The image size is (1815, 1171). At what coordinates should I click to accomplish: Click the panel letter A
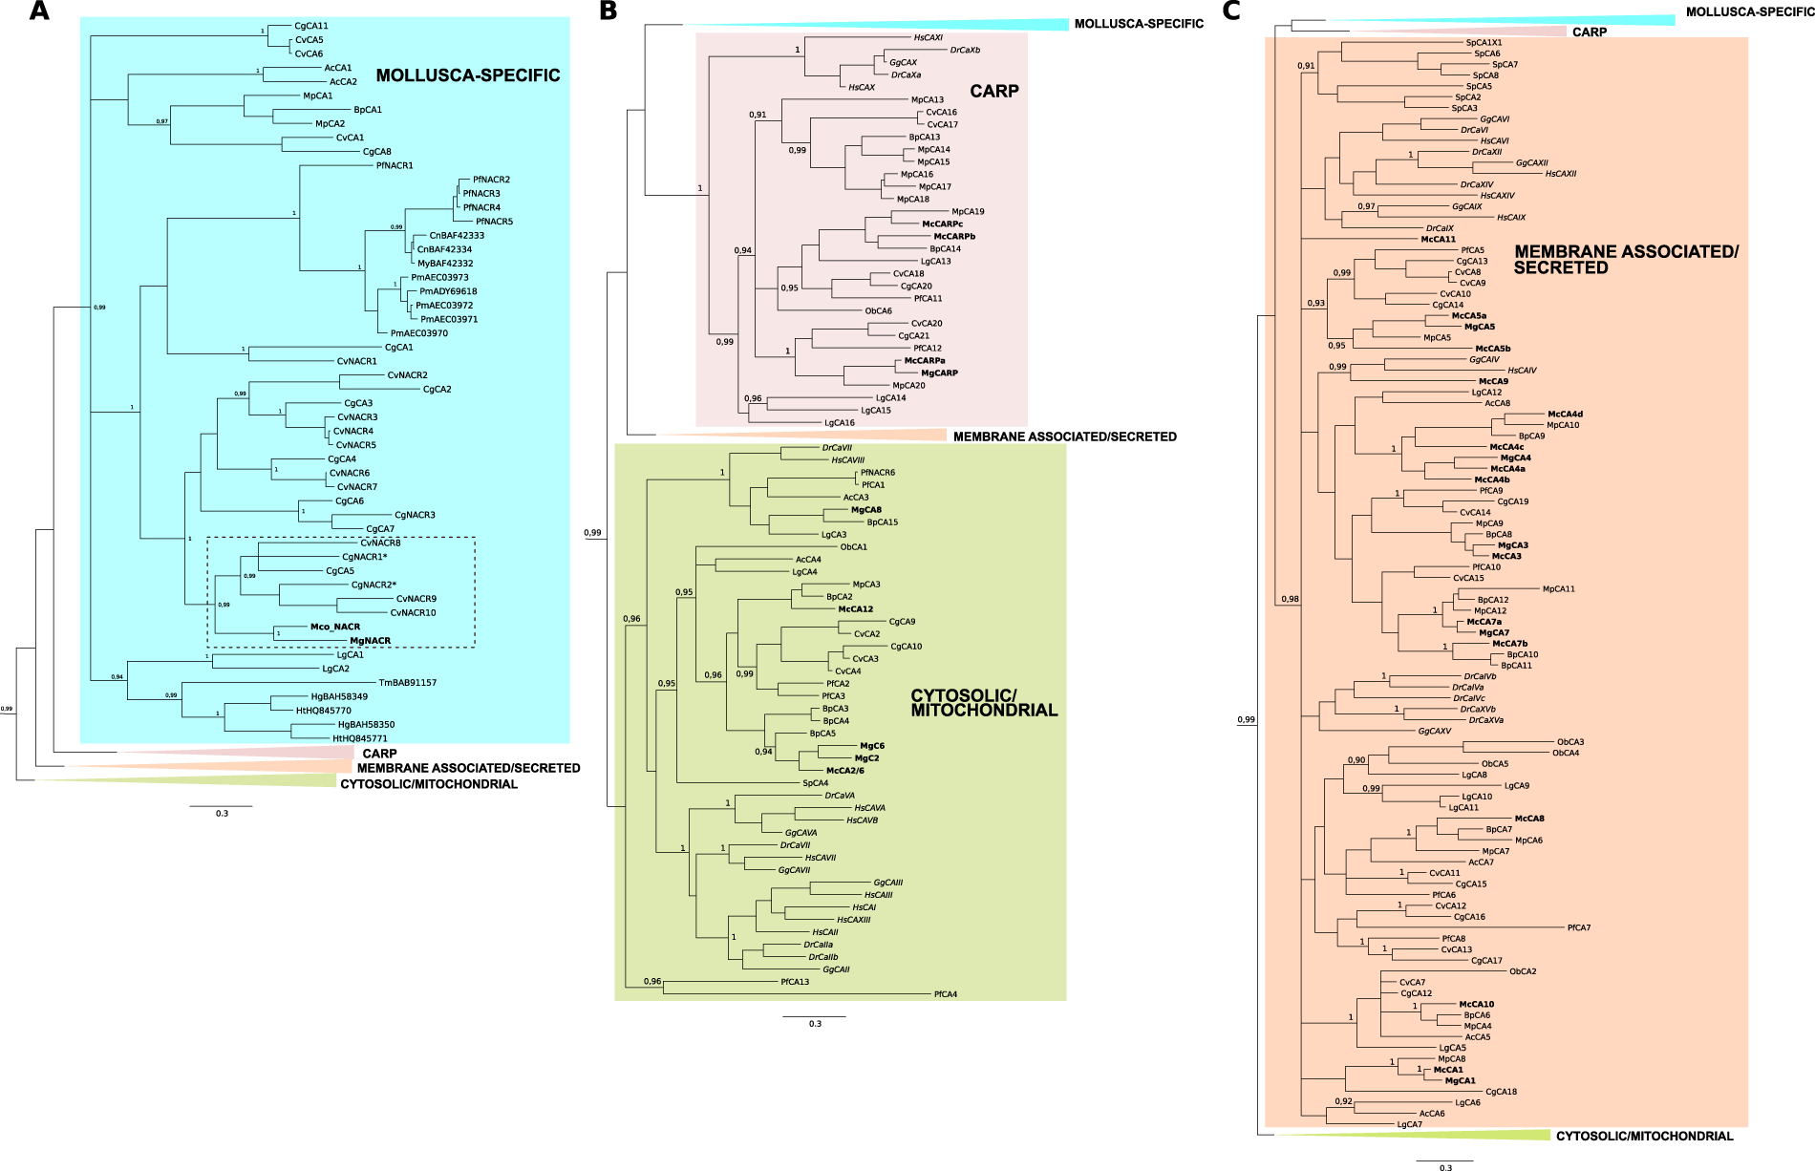pos(39,11)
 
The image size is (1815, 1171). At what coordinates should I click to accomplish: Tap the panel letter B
pos(608,11)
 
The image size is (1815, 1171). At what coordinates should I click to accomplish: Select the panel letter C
pos(1232,11)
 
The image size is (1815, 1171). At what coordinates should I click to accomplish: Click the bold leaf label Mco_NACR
pos(334,628)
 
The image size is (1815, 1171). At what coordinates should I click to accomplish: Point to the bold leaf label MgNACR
pos(370,641)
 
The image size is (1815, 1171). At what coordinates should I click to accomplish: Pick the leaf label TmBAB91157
pos(408,683)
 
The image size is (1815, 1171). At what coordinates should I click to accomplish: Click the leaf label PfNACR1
pos(395,165)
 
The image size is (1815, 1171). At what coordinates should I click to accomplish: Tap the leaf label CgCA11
pos(311,26)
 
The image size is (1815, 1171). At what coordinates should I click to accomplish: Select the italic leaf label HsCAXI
pos(929,38)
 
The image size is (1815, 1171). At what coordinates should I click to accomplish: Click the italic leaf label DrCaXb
pos(965,51)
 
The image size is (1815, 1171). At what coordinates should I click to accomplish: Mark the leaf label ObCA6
pos(879,311)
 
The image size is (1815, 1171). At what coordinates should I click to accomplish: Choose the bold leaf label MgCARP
pos(939,373)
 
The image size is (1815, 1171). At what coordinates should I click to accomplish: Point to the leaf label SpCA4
pos(815,783)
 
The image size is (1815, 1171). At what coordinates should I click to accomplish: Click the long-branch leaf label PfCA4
pos(946,994)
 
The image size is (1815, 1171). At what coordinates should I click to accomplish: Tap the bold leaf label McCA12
pos(856,609)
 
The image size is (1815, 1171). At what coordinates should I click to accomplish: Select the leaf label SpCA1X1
pos(1484,43)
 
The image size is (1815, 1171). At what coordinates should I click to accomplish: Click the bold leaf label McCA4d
pos(1565,415)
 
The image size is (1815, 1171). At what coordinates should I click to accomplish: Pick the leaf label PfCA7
pos(1579,927)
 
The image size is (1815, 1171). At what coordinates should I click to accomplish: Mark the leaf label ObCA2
pos(1523,971)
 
